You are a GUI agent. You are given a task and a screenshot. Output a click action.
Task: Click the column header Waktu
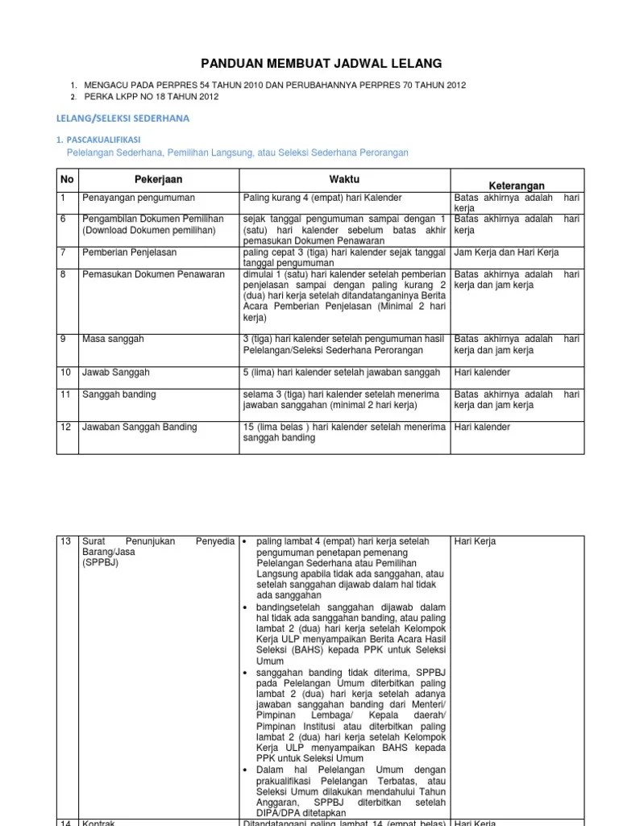point(344,177)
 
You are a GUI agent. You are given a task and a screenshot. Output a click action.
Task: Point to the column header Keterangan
point(516,185)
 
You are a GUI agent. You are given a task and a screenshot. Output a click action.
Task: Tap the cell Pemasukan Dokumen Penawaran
point(153,275)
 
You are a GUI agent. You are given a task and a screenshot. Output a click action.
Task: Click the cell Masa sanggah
point(113,340)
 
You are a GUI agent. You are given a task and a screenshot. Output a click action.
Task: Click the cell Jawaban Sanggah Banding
point(139,427)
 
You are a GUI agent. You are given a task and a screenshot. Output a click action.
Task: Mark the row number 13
point(66,540)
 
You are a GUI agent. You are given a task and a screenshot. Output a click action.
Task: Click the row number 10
point(66,373)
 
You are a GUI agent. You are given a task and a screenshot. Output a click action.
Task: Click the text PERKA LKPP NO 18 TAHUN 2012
point(150,97)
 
